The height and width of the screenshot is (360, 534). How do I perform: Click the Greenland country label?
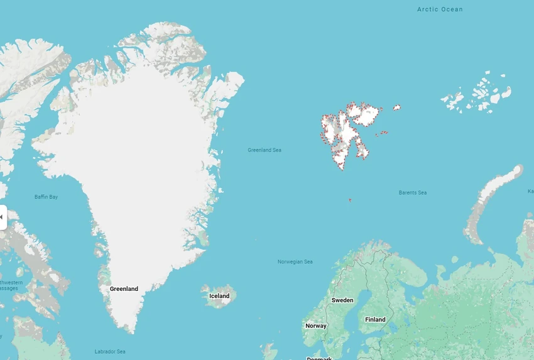point(124,289)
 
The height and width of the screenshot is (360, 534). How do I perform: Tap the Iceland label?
point(219,296)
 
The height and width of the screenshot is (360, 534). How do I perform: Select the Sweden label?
point(342,300)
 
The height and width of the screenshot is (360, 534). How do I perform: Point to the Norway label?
point(315,326)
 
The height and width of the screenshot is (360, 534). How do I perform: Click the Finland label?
point(375,320)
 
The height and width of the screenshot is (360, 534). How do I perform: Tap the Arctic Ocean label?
point(440,9)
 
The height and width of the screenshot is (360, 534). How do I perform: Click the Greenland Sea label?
point(264,150)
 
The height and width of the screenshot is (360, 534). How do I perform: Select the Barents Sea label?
point(412,193)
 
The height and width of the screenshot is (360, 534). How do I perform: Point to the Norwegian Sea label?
point(295,262)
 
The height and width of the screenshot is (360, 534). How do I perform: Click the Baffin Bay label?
point(46,197)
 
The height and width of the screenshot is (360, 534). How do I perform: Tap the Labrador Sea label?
point(110,351)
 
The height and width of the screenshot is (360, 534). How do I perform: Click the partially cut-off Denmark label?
point(319,358)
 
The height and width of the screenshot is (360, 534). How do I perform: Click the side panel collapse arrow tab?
point(2,217)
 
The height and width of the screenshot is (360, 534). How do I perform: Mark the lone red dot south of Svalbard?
point(350,200)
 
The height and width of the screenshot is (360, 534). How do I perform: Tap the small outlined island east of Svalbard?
point(397,107)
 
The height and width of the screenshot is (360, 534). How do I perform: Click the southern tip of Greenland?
point(131,329)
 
